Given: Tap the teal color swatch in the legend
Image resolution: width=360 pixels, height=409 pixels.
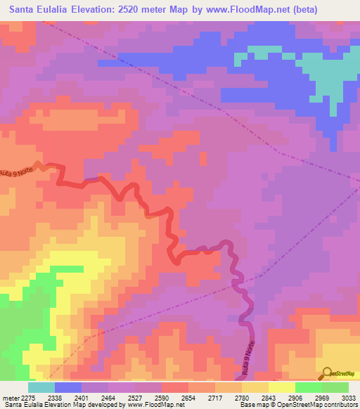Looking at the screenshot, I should [x=41, y=387].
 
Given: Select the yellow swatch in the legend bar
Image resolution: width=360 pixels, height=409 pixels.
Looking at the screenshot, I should [x=281, y=387].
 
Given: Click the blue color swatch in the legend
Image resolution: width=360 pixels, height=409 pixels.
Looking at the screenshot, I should [x=68, y=387].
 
